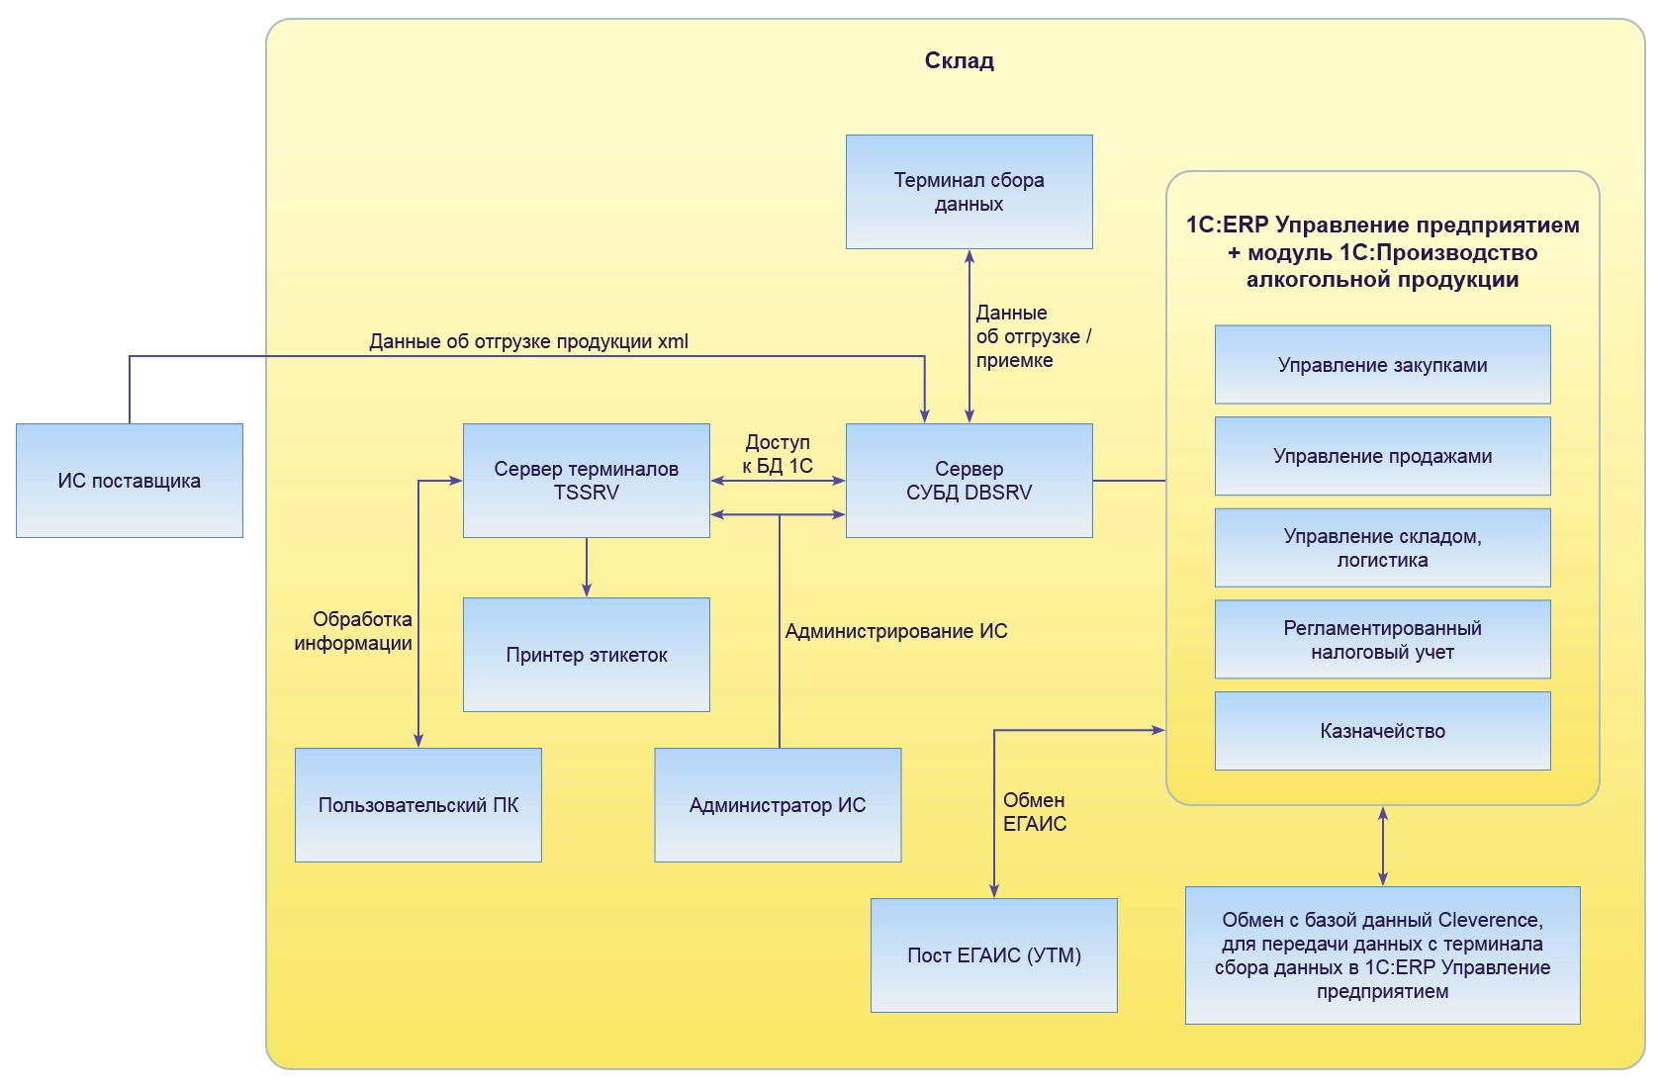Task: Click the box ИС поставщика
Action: (130, 481)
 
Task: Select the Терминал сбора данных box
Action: (969, 192)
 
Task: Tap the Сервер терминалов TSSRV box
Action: (586, 481)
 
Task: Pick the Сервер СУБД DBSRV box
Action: (969, 481)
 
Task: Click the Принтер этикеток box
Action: (586, 655)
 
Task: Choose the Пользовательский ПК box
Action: (417, 805)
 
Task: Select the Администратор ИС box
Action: (778, 805)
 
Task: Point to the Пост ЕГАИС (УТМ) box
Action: (993, 955)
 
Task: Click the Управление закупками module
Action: (1382, 365)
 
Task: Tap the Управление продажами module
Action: (1382, 456)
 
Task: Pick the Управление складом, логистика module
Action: (1382, 548)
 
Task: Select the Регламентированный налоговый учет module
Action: (1382, 640)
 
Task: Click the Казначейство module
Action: (1382, 731)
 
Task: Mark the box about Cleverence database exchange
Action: (1382, 955)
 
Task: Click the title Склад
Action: (959, 61)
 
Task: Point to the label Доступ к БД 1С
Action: (778, 454)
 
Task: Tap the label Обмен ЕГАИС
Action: (1035, 812)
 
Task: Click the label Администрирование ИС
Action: (896, 631)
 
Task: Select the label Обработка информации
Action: (354, 631)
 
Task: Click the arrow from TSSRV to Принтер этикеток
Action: (587, 568)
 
